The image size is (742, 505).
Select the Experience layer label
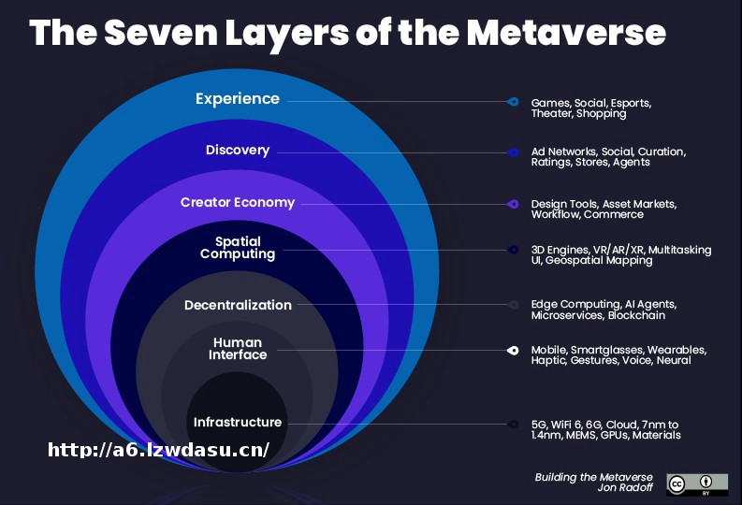pyautogui.click(x=238, y=98)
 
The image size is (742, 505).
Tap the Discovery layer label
pyautogui.click(x=238, y=150)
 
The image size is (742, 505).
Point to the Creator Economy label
pyautogui.click(x=238, y=202)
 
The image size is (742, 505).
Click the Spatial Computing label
pyautogui.click(x=238, y=248)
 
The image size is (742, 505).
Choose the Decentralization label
pyautogui.click(x=238, y=305)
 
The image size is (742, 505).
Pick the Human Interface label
pyautogui.click(x=238, y=349)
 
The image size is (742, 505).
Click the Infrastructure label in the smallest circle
pyautogui.click(x=238, y=422)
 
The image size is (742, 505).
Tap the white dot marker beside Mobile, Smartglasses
pyautogui.click(x=513, y=350)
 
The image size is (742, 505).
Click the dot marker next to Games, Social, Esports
pyautogui.click(x=513, y=101)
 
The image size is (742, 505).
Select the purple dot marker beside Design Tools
pyautogui.click(x=513, y=204)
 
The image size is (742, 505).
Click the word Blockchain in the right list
pyautogui.click(x=637, y=316)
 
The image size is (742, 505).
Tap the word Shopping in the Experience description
pyautogui.click(x=601, y=114)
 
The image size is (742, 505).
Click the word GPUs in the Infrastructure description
pyautogui.click(x=616, y=435)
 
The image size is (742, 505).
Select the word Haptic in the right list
pyautogui.click(x=548, y=361)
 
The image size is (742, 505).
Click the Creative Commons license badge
pyautogui.click(x=696, y=483)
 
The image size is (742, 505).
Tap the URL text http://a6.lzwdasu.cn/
pyautogui.click(x=158, y=450)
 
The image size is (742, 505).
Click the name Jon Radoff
pyautogui.click(x=626, y=489)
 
